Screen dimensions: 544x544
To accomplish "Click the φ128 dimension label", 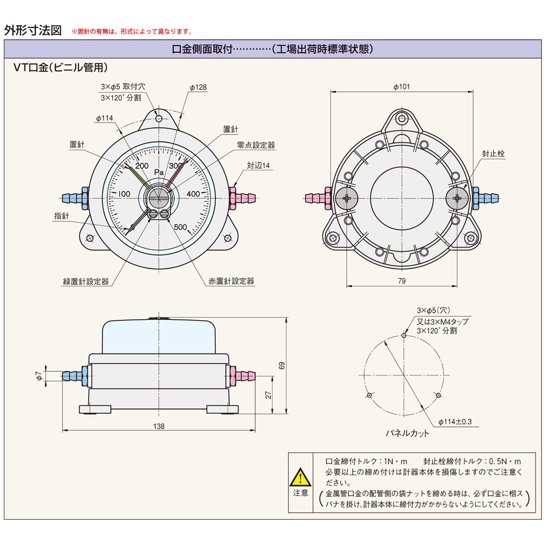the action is pos(198,88).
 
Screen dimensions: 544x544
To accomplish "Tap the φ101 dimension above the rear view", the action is pos(401,87).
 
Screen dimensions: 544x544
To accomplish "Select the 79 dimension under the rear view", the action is pos(402,280).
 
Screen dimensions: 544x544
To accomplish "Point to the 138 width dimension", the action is pos(159,426).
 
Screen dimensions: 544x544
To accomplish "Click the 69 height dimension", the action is pos(282,365).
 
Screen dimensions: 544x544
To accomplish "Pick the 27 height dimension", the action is pos(268,395).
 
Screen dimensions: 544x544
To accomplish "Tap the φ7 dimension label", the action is pos(39,376).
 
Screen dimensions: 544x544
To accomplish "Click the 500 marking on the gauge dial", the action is pos(180,227).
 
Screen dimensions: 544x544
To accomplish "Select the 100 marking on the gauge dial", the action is pos(124,194).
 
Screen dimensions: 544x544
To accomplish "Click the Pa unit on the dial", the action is pos(158,173).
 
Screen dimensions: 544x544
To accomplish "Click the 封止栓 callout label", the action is pos(493,153).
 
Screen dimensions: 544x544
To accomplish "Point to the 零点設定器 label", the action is pos(256,145).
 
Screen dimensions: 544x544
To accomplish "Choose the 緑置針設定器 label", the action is pos(86,282).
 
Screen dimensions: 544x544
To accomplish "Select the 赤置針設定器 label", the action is pos(231,281).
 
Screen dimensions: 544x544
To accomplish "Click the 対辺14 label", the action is pos(259,165).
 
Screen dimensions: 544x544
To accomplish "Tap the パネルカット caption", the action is pos(407,433).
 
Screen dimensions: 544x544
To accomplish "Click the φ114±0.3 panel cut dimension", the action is pos(455,421).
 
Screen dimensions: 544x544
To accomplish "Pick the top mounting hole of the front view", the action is pos(159,119).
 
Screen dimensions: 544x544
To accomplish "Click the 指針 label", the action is pos(61,216).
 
